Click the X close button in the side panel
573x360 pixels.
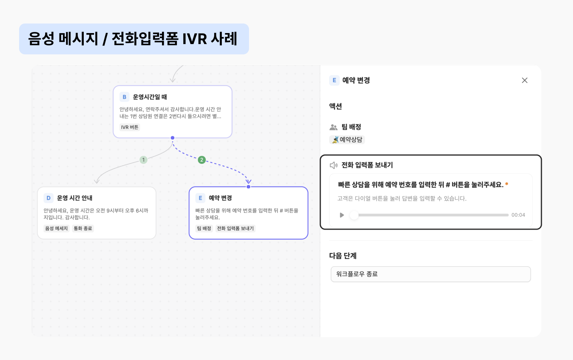click(525, 80)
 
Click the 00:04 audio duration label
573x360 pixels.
click(518, 215)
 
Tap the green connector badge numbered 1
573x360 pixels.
click(144, 160)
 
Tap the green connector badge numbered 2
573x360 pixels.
click(202, 160)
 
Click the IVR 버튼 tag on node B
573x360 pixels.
click(130, 127)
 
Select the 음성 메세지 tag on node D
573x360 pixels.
click(57, 228)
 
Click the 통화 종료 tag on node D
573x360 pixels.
click(83, 228)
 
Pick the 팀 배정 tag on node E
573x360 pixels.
click(204, 228)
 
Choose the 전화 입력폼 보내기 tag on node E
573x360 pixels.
click(235, 228)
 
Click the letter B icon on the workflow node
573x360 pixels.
click(125, 97)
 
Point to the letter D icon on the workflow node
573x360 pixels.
click(48, 198)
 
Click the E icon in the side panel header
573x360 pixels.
click(334, 80)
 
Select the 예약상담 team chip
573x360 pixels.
click(347, 140)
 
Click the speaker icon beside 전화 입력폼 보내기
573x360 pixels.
click(334, 165)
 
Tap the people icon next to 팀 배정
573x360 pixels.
click(334, 127)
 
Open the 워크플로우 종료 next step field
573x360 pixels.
click(430, 274)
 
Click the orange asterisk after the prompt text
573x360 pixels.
click(507, 184)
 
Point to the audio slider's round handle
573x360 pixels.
click(354, 215)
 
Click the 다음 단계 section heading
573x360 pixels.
click(343, 256)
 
